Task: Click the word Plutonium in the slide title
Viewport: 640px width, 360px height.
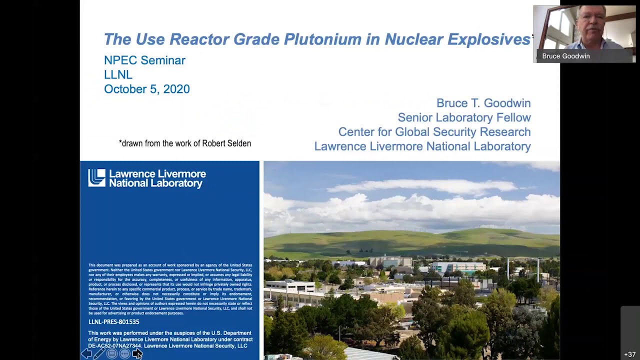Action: tap(322, 39)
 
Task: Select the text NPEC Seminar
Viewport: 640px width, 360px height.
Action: tap(144, 60)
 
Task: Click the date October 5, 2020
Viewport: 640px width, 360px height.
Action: tap(146, 89)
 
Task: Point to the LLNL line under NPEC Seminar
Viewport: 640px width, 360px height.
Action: tap(118, 74)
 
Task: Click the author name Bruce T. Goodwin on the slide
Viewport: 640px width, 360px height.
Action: tap(483, 103)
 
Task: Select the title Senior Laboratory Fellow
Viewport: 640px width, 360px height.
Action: tap(464, 117)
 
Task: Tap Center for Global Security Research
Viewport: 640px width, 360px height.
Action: tap(434, 132)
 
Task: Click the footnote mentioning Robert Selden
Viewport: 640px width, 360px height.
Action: tap(185, 143)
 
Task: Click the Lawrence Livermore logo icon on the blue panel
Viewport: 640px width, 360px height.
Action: tap(96, 178)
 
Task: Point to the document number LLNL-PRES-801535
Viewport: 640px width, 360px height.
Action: tap(114, 322)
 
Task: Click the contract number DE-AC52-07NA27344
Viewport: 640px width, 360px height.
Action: tap(114, 345)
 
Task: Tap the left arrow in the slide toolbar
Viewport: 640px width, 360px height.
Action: tap(86, 354)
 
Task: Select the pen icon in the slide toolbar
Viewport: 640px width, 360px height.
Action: tap(99, 354)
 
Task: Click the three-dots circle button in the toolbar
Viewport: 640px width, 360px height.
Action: tap(124, 354)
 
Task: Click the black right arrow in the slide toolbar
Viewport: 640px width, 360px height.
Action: tap(136, 354)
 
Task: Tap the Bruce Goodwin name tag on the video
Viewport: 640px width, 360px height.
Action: tap(566, 56)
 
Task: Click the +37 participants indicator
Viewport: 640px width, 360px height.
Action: tap(629, 354)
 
